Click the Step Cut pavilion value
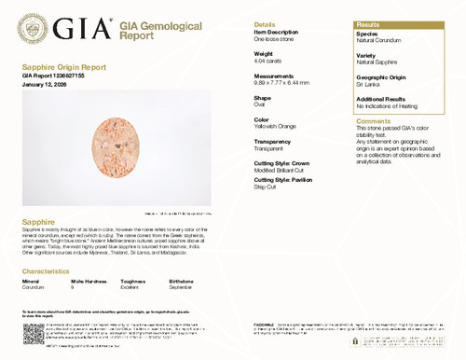coord(265,187)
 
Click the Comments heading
coord(374,121)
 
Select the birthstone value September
coord(183,286)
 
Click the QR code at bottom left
coord(33,334)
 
